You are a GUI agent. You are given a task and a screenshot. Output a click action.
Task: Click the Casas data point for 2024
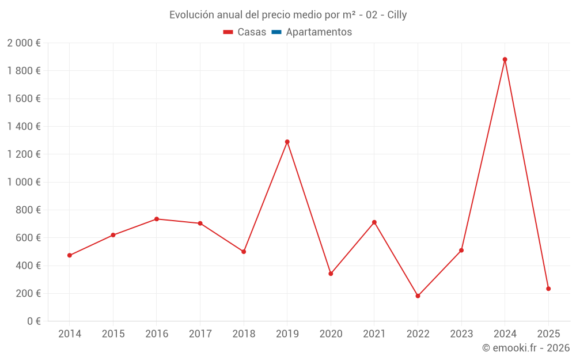coord(505,59)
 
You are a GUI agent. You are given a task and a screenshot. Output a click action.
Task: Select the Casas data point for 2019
coord(287,142)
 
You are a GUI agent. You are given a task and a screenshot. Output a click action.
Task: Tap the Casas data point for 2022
coord(418,296)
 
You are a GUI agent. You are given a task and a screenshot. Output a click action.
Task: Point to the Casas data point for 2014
coord(70,255)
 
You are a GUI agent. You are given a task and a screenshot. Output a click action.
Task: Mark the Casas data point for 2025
coord(548,289)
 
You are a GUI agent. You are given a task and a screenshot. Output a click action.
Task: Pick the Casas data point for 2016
coord(157,219)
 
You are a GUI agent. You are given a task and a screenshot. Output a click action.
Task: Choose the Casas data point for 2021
coord(374,222)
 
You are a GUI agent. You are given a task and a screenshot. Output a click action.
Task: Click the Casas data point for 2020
coord(331,274)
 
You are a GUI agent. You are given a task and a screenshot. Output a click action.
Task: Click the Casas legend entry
coord(245,32)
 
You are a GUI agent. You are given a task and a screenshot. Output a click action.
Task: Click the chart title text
coord(288,15)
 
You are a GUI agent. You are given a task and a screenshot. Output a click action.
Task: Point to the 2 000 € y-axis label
coord(24,43)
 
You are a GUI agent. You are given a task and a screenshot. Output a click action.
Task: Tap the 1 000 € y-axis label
coord(24,182)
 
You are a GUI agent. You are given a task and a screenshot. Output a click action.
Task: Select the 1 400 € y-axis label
coord(24,127)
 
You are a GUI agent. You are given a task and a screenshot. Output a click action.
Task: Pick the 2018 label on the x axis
coord(244,334)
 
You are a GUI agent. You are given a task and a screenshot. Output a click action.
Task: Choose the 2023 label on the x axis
coord(461,334)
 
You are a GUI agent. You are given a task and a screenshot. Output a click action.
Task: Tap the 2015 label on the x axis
coord(113,334)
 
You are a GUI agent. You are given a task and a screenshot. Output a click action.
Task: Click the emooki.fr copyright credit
coord(526,348)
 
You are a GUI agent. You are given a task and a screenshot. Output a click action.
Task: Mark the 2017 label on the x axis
coord(200,334)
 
